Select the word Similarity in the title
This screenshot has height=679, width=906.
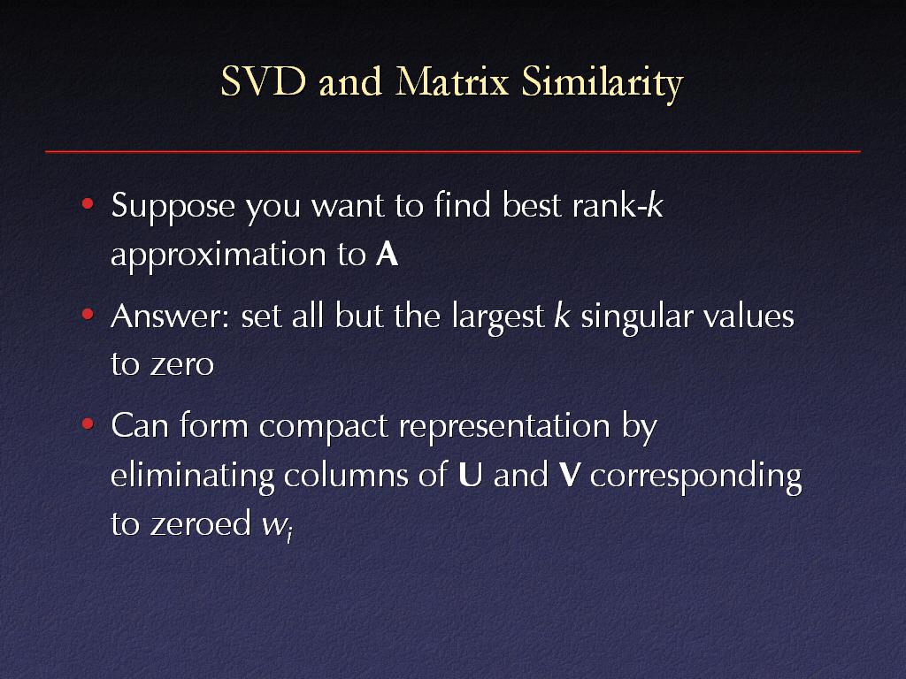point(602,84)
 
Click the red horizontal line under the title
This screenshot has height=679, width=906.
point(453,151)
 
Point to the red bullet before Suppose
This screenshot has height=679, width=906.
point(88,203)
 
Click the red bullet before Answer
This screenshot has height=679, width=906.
point(88,314)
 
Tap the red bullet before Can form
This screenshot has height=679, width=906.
point(88,423)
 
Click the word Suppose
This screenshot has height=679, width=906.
point(173,207)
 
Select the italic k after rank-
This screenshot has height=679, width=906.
point(655,204)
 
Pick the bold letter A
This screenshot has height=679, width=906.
point(388,254)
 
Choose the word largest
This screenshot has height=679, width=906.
point(498,317)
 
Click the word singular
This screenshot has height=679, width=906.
point(637,317)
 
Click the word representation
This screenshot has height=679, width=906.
point(504,429)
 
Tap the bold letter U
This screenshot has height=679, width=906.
point(471,475)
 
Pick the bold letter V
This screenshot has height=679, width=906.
point(569,475)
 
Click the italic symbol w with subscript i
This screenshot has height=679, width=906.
point(277,526)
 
